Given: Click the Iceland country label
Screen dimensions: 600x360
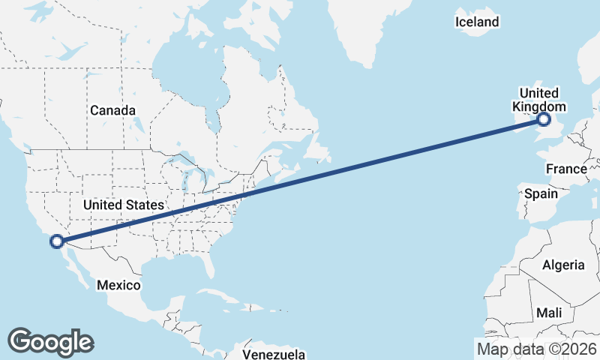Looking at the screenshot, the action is click(x=476, y=22).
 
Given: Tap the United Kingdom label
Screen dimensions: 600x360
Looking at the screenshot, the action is click(x=539, y=100).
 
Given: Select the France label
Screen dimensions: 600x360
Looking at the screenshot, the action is click(x=566, y=169).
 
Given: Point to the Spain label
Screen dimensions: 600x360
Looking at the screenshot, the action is click(x=541, y=193).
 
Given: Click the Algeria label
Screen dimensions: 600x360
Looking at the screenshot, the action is click(x=563, y=265).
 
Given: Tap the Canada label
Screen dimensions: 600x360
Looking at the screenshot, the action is click(x=112, y=111).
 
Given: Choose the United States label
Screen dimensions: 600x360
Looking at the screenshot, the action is click(x=124, y=205).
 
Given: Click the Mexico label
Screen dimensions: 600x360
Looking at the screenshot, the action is click(x=118, y=286).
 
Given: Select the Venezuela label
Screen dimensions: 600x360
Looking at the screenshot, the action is click(x=274, y=353).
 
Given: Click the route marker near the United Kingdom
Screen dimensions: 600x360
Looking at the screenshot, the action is click(x=544, y=119).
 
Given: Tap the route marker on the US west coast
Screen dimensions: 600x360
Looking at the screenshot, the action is click(x=55, y=241).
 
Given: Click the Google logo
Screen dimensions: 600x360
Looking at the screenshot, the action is click(x=51, y=342).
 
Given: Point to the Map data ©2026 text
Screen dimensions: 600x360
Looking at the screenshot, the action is click(x=536, y=349).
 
